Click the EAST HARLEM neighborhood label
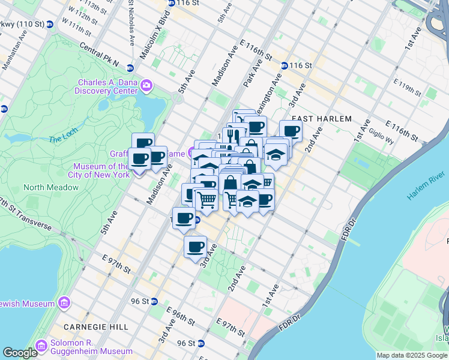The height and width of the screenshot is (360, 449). (x=322, y=119)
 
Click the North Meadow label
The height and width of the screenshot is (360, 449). (x=51, y=187)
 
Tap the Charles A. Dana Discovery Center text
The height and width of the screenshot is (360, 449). (x=106, y=86)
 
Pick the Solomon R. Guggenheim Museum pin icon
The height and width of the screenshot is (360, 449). (x=41, y=346)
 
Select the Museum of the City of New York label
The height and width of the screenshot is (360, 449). (x=101, y=170)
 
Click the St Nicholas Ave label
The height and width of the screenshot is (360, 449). (x=131, y=23)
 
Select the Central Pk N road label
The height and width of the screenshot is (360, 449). (x=98, y=55)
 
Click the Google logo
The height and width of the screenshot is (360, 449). (x=20, y=353)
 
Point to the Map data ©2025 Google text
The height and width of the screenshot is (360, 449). (x=411, y=355)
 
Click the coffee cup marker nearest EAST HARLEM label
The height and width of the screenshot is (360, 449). (x=291, y=131)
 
